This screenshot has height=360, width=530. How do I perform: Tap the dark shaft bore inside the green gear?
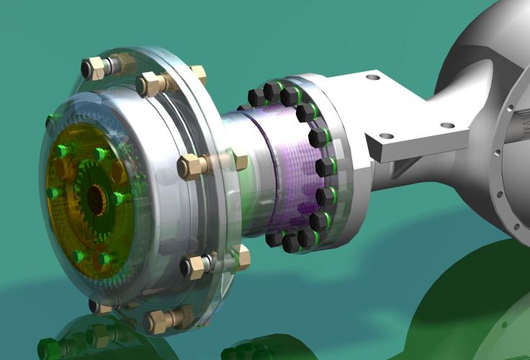(x=96, y=199)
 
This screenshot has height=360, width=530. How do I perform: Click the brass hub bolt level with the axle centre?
(x=192, y=167)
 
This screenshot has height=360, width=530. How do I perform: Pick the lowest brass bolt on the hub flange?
(x=159, y=320)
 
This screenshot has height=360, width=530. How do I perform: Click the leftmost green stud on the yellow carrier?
(x=52, y=193)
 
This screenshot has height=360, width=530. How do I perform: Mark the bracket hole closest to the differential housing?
(x=447, y=125)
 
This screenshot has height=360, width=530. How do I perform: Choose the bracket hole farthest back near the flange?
(x=372, y=76)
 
